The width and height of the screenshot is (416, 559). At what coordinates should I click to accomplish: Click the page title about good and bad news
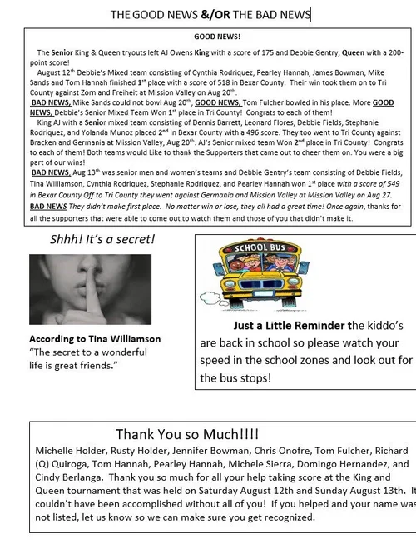point(210,14)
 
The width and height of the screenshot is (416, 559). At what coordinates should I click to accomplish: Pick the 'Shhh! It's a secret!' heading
point(102,241)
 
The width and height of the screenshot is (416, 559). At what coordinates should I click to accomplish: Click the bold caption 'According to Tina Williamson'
point(95,339)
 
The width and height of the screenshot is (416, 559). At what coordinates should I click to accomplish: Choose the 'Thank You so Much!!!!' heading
point(187,435)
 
